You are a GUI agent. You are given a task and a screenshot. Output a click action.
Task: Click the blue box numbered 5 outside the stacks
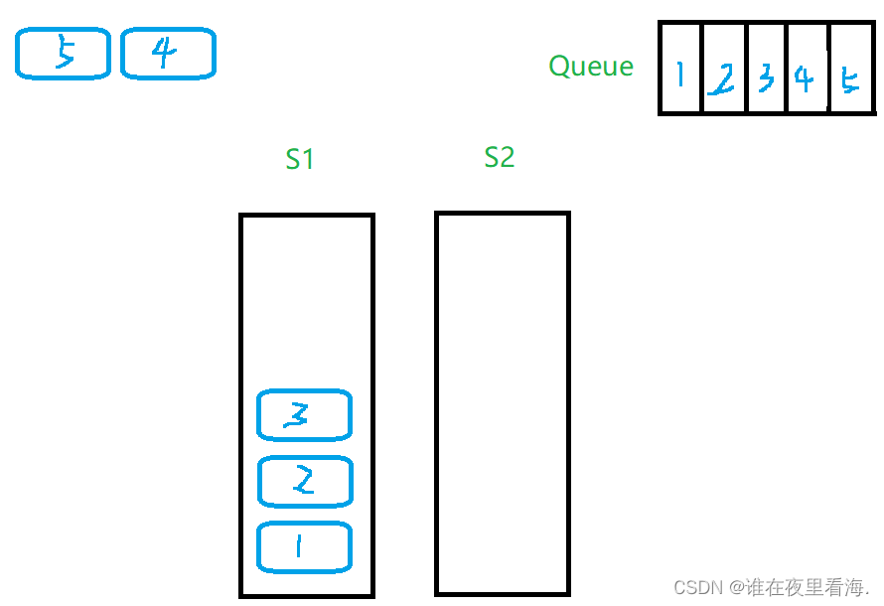pos(63,54)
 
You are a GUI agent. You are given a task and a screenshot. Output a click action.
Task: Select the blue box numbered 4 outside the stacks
pos(168,54)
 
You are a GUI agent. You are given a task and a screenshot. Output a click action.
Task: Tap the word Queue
pos(591,67)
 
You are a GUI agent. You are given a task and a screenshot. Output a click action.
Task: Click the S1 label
pos(300,159)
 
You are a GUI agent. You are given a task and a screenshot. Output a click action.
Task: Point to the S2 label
pos(500,157)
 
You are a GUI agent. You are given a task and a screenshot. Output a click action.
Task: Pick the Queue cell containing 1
pos(681,70)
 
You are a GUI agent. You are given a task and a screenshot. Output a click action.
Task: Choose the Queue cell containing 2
pos(724,70)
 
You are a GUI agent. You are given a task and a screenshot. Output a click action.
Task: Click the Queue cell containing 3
pos(767,70)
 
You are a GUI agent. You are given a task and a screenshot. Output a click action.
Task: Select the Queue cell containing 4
pos(807,70)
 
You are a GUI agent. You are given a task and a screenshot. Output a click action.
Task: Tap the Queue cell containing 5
pos(849,70)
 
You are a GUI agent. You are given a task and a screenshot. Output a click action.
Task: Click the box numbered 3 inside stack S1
pos(304,415)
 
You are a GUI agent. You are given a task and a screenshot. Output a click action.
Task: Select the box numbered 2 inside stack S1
pos(304,481)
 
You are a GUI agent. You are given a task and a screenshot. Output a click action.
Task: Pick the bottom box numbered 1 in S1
pos(304,546)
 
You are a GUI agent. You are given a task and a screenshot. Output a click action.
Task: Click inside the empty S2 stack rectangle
pos(503,397)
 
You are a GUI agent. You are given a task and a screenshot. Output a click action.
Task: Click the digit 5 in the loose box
pos(66,54)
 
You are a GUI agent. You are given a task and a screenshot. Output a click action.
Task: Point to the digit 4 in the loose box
pos(163,54)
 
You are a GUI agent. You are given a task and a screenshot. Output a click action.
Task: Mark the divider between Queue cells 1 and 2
pos(702,70)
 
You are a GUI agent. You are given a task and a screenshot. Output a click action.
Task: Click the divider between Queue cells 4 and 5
pos(827,70)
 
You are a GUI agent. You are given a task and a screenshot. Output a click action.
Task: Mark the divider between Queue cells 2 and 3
pos(746,70)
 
